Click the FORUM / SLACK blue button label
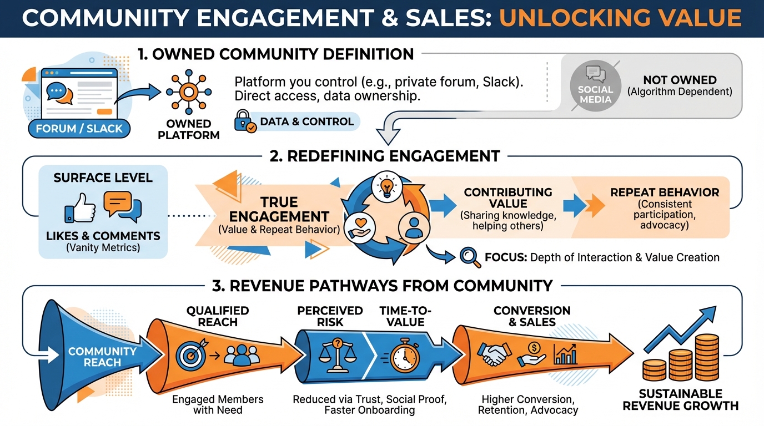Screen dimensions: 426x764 click(78, 129)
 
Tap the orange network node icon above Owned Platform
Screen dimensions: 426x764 click(188, 92)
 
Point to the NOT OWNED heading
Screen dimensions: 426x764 click(680, 80)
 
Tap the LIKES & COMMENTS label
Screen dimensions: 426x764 click(103, 236)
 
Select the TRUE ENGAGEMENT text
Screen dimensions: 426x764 click(279, 209)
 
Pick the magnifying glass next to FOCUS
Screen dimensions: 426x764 click(470, 257)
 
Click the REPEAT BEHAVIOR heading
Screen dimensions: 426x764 click(664, 193)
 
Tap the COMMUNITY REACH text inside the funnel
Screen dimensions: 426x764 click(102, 357)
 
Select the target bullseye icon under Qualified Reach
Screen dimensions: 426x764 click(189, 355)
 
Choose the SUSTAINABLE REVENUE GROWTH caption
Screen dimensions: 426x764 click(680, 399)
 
